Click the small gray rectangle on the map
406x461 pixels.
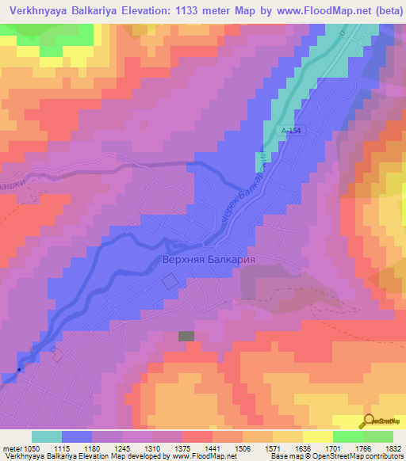click(x=186, y=336)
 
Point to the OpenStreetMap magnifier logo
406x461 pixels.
click(x=370, y=421)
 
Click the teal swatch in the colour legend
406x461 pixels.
click(x=47, y=436)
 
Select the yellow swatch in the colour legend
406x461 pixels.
click(x=317, y=436)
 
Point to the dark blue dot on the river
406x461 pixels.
click(x=19, y=368)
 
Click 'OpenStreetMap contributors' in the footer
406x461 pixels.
click(x=358, y=456)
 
